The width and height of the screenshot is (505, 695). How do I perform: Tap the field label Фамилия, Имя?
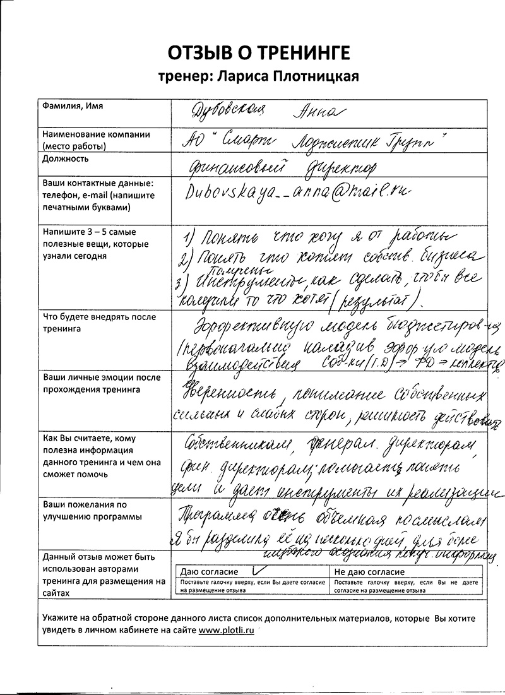pos(71,105)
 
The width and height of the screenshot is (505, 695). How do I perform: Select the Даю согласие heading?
pos(207,571)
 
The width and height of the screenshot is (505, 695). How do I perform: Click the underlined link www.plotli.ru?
pos(227,631)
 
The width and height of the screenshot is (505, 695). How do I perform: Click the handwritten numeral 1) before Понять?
pos(188,239)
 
